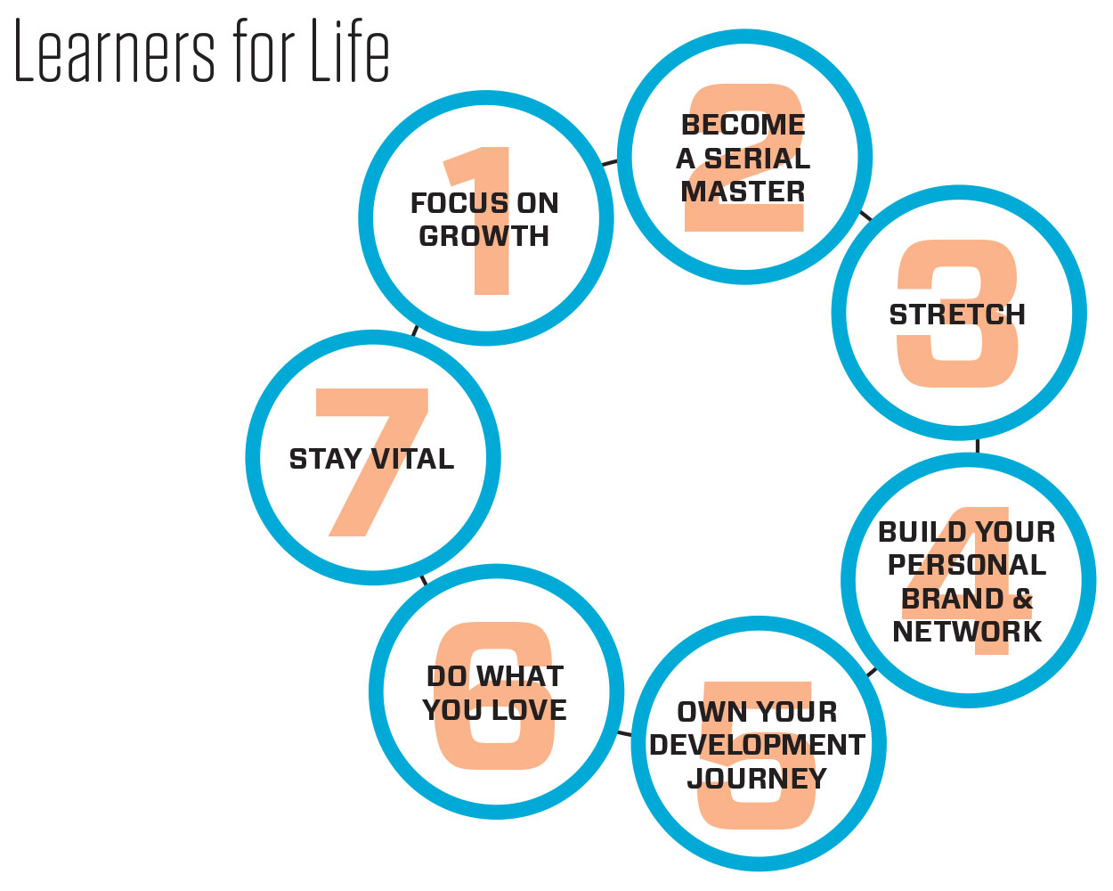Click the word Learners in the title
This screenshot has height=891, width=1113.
click(x=114, y=51)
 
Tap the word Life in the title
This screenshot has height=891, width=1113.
click(x=350, y=50)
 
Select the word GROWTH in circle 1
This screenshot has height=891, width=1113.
click(x=483, y=236)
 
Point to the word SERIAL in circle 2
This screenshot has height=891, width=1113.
click(x=757, y=158)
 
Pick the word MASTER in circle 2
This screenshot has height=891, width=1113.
click(x=743, y=192)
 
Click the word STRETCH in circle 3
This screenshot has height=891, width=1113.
click(x=957, y=315)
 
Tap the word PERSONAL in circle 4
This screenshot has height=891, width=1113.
click(x=967, y=564)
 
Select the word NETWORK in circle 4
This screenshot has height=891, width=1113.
click(x=967, y=632)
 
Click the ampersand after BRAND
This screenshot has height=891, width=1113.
click(x=1022, y=599)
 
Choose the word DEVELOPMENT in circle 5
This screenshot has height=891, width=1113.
click(x=757, y=745)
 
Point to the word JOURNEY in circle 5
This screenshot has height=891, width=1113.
click(x=757, y=778)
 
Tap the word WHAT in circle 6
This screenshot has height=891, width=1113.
click(x=520, y=675)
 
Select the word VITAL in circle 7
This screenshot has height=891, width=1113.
click(x=413, y=459)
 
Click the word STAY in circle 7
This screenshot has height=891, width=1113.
click(x=325, y=459)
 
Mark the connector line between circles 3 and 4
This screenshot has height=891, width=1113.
click(x=977, y=445)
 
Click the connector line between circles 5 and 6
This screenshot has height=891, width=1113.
click(x=624, y=733)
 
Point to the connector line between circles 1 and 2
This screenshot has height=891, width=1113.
click(x=609, y=163)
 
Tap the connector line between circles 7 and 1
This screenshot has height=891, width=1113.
click(x=415, y=331)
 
